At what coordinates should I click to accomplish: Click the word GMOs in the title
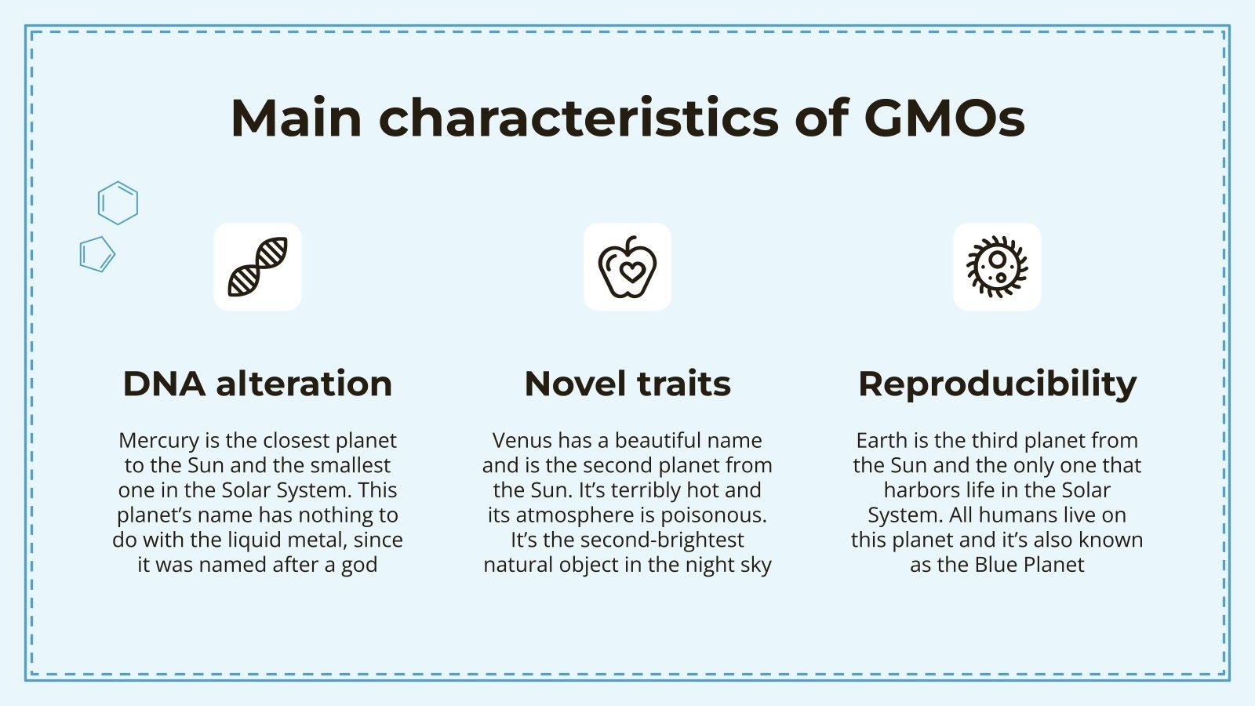[x=944, y=118]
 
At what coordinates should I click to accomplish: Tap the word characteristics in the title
[x=579, y=118]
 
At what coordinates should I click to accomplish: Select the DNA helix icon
[x=257, y=267]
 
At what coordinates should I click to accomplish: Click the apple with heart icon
[x=627, y=267]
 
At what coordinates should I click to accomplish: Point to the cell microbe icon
[x=997, y=267]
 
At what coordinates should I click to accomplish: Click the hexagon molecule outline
[x=118, y=203]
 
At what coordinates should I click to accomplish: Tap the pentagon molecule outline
[x=97, y=254]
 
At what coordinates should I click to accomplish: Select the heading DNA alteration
[x=257, y=384]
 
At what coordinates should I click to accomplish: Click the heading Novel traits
[x=627, y=384]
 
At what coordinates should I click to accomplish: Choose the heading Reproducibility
[x=997, y=384]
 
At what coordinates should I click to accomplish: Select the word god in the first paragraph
[x=359, y=565]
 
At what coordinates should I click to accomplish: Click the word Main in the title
[x=296, y=118]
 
